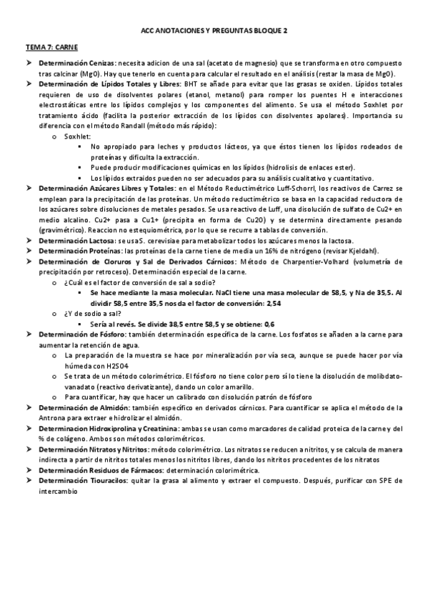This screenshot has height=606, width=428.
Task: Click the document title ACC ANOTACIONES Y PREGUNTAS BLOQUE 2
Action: click(x=213, y=31)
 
